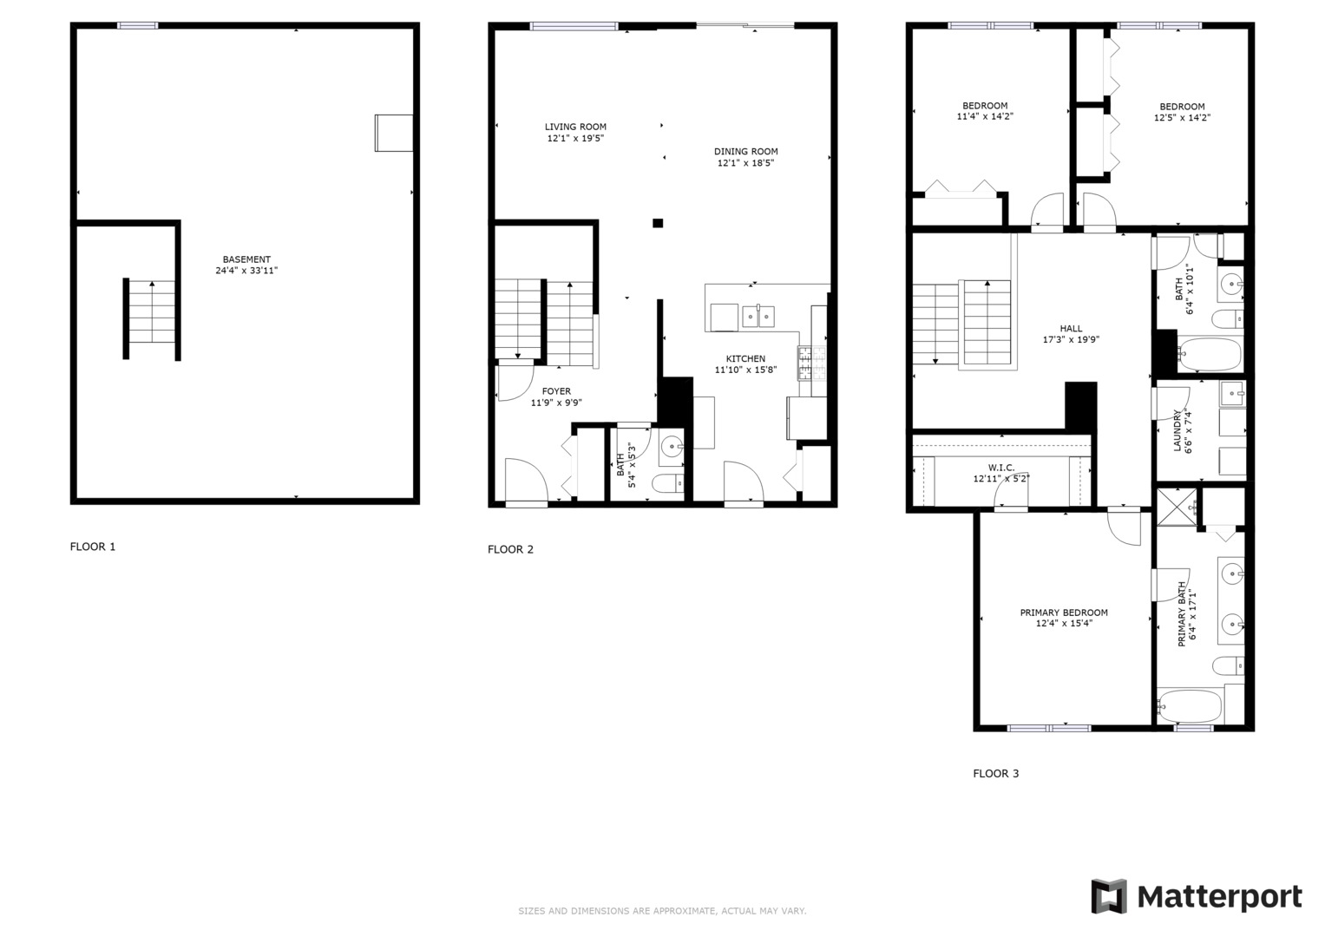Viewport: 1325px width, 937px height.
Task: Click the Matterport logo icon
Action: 1108,896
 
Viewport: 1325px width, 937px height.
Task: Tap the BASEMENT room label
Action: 246,259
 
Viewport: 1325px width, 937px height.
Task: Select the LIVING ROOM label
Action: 575,127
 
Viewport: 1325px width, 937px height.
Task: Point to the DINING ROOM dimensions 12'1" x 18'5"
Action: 745,163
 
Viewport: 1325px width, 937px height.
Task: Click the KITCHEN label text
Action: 745,358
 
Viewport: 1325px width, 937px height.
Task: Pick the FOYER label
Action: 556,391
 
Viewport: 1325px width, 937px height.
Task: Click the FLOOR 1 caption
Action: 93,547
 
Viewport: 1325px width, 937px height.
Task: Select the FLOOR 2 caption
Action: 510,549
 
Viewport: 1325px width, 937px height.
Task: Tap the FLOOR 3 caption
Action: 995,773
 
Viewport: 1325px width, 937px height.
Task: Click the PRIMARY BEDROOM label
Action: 1063,613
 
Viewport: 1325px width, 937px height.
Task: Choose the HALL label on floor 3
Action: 1071,329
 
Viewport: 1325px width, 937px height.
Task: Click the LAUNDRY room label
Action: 1177,431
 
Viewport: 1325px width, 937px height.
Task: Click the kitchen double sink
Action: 758,317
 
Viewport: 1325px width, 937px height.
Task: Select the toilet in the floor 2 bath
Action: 668,483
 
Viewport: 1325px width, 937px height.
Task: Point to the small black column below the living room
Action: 658,223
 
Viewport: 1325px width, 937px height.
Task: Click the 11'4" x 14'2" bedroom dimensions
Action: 985,116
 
